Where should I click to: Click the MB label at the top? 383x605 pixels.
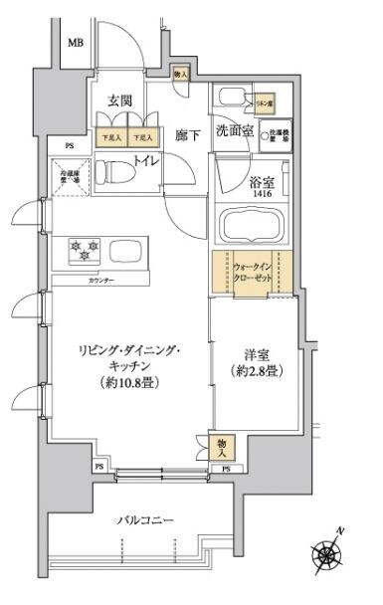(x=76, y=43)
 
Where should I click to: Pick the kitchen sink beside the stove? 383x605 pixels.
(x=125, y=250)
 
